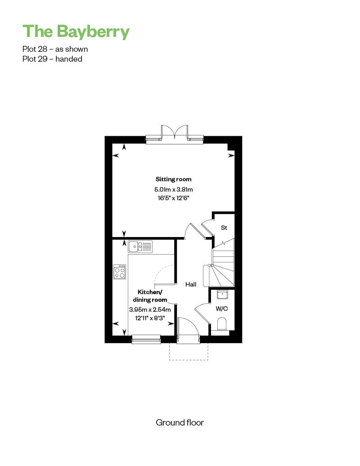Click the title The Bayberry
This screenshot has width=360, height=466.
(x=76, y=31)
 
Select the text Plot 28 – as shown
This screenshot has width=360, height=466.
(x=55, y=49)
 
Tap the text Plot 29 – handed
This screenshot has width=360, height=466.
(x=52, y=59)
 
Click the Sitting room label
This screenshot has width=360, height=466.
(x=174, y=179)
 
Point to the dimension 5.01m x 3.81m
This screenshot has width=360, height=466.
(x=174, y=189)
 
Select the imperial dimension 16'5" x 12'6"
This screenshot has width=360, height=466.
(x=174, y=198)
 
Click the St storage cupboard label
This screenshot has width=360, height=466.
(x=224, y=228)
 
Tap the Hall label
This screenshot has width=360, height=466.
(x=191, y=284)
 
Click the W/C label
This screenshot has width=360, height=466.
(x=222, y=309)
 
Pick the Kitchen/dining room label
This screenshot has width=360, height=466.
(x=150, y=296)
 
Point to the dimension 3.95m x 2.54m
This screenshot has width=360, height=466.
(x=150, y=309)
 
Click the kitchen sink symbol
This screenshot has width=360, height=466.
(x=140, y=246)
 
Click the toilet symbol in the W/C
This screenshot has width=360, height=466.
(x=222, y=324)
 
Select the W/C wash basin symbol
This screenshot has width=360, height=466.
(x=222, y=295)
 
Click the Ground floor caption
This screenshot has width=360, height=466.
(x=180, y=423)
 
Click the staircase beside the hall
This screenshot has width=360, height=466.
(x=223, y=263)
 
